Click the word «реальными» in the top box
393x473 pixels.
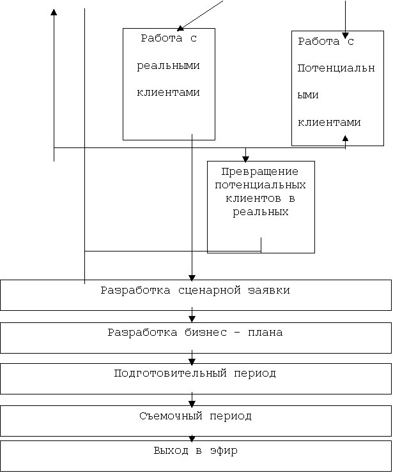pyautogui.click(x=168, y=66)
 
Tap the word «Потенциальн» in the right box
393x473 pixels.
pyautogui.click(x=336, y=68)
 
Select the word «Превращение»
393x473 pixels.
pyautogui.click(x=260, y=172)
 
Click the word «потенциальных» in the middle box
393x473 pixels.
pyautogui.click(x=260, y=185)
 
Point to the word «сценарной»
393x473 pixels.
pyautogui.click(x=210, y=290)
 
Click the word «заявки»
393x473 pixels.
pyautogui.click(x=269, y=290)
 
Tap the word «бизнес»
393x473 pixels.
pyautogui.click(x=206, y=333)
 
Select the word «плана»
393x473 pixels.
pyautogui.click(x=265, y=333)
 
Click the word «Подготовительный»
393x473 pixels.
pyautogui.click(x=171, y=373)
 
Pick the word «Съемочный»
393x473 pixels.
pyautogui.click(x=171, y=416)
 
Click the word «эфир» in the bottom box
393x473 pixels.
pyautogui.click(x=224, y=451)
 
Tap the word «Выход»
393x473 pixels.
pyautogui.click(x=171, y=451)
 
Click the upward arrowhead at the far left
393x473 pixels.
pyautogui.click(x=54, y=12)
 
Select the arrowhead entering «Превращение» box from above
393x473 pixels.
pyautogui.click(x=245, y=159)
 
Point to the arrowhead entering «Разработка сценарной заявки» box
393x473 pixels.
pyautogui.click(x=192, y=278)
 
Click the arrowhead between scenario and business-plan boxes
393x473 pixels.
pyautogui.click(x=192, y=319)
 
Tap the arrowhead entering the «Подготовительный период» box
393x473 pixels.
pyautogui.click(x=192, y=361)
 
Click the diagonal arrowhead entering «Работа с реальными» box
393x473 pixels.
pyautogui.click(x=180, y=28)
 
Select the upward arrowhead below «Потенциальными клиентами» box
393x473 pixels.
pyautogui.click(x=345, y=139)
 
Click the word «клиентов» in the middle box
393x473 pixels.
pyautogui.click(x=253, y=199)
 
